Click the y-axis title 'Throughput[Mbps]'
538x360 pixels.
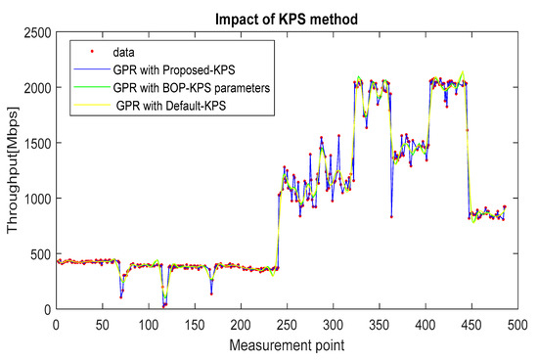coord(11,171)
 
